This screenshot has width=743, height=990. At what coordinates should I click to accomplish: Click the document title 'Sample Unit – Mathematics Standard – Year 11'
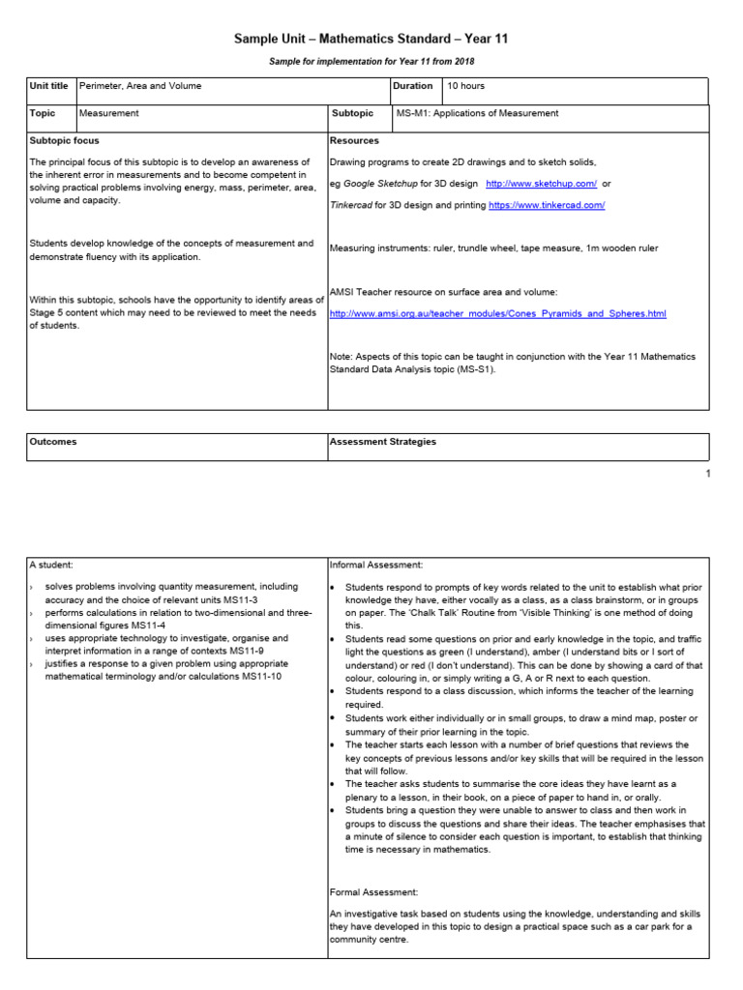coord(371,39)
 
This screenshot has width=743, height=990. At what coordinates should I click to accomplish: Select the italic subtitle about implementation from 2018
coord(371,62)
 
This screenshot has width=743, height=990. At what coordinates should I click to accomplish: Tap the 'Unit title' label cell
coord(49,86)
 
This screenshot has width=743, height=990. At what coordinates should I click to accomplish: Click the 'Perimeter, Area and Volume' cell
coord(141,86)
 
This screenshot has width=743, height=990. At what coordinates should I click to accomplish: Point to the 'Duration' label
coord(413,86)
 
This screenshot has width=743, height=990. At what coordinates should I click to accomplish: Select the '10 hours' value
coord(466,86)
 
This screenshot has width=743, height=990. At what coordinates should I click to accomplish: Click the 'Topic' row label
coord(44,113)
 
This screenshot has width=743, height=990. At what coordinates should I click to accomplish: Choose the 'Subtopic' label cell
coord(353,113)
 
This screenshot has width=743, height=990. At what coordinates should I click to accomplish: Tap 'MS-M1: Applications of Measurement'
coord(478,113)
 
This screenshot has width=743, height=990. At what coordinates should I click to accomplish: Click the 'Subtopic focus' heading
coord(65,140)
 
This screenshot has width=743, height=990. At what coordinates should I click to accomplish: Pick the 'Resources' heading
coord(354,140)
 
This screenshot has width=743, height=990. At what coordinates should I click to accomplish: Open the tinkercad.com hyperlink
coord(547,205)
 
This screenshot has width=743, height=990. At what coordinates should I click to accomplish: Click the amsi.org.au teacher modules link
coord(498,314)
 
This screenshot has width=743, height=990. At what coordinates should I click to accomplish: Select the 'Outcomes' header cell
coord(53,442)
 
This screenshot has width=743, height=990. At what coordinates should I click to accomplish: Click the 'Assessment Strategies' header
coord(383,442)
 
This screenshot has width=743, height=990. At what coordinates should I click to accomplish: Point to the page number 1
coord(708,474)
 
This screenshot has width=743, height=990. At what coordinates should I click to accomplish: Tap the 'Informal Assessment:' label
coord(376,565)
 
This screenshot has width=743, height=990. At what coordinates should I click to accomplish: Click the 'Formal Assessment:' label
coord(374,891)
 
